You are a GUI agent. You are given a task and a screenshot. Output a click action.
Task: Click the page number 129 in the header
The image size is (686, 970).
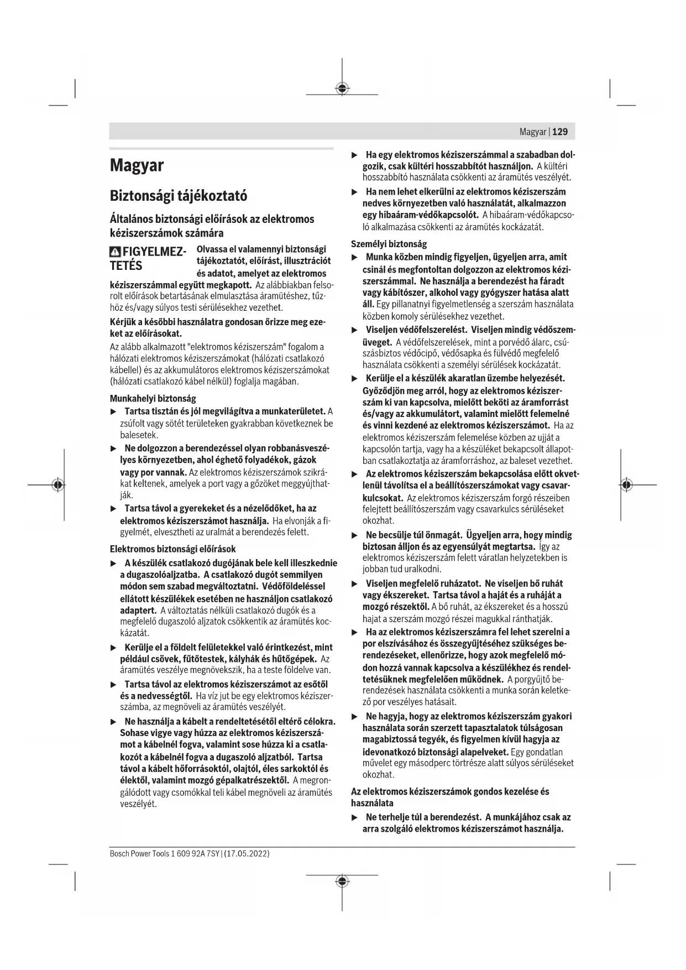click(560, 132)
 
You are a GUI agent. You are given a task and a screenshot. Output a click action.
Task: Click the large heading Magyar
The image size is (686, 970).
click(137, 165)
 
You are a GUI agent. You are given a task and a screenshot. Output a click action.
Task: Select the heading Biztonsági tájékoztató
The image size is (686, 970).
click(178, 196)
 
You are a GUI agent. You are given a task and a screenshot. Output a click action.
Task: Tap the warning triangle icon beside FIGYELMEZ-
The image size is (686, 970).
click(115, 252)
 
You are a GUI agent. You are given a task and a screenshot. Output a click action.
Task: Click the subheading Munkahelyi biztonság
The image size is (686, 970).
click(153, 398)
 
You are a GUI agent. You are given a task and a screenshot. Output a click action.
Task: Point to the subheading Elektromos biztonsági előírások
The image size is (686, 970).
click(172, 549)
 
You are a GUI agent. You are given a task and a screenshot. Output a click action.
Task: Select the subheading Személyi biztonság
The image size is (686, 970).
click(389, 244)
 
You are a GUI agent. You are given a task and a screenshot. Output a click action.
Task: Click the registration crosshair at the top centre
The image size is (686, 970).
click(342, 88)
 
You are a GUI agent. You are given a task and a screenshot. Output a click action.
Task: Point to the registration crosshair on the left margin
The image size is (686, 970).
click(57, 484)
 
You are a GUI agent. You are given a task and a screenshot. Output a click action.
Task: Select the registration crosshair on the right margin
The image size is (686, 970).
click(626, 484)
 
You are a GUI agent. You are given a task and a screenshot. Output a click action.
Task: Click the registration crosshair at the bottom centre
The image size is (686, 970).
click(342, 881)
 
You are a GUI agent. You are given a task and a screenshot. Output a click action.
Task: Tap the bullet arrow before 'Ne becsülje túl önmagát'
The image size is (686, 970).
click(355, 535)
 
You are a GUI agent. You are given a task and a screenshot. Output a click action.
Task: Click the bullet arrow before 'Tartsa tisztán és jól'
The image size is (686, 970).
click(113, 411)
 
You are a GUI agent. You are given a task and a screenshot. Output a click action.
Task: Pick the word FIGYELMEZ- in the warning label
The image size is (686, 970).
click(154, 252)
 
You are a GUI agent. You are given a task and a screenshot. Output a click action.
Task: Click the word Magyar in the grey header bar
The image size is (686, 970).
click(533, 132)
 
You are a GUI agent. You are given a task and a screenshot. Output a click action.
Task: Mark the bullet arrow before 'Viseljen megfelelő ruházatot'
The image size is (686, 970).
click(355, 583)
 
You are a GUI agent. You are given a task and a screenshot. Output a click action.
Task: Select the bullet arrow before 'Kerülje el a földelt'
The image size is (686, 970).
click(113, 648)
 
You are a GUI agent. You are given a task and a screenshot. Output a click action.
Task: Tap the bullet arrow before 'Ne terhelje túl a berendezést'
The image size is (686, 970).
click(355, 817)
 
